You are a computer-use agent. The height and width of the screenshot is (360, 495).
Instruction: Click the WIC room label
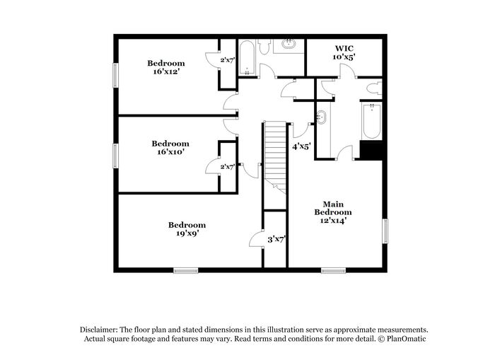[344, 48]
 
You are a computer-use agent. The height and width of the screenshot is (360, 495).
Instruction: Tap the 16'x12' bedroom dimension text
[166, 71]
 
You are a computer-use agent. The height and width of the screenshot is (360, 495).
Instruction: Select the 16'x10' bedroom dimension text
[170, 151]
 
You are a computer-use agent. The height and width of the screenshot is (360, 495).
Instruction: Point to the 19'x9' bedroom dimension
[187, 233]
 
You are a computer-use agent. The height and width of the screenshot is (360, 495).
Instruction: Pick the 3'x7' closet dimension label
[276, 240]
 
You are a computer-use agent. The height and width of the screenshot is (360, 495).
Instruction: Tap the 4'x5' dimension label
[301, 146]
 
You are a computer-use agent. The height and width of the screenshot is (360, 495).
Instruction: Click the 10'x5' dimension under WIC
[344, 57]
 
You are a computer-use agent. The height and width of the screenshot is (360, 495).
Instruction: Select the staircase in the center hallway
[276, 158]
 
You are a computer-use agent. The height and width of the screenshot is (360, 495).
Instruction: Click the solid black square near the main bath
[371, 151]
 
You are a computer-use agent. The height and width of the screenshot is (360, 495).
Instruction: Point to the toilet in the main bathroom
[374, 88]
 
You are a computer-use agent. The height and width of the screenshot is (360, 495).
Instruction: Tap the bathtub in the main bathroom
[372, 121]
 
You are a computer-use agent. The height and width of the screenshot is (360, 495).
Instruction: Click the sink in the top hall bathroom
[289, 44]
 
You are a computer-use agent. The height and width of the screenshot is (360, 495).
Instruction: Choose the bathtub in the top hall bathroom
[247, 58]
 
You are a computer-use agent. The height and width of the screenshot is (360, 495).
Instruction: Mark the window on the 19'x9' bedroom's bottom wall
[186, 270]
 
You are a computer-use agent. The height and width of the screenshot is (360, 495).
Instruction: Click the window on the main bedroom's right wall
[385, 231]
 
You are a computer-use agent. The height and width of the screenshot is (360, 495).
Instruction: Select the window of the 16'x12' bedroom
[115, 75]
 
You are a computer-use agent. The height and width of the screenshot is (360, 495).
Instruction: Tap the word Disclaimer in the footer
[99, 330]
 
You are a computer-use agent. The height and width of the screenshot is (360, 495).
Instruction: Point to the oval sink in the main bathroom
[321, 117]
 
